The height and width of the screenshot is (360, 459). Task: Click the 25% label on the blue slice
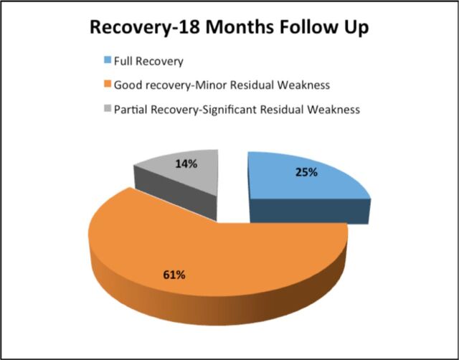coord(306,172)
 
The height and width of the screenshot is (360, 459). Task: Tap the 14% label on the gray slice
coord(186,164)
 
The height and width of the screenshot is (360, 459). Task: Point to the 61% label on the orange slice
coord(174,275)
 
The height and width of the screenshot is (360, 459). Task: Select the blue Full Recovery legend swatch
coord(108,60)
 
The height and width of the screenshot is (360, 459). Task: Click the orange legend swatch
coord(108,84)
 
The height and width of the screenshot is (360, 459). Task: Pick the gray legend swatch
coord(108,108)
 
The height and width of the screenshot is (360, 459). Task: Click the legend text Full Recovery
coord(148,62)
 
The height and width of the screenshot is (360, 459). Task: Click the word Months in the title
coord(238,27)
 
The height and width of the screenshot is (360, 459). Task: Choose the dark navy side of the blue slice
coord(310,212)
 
